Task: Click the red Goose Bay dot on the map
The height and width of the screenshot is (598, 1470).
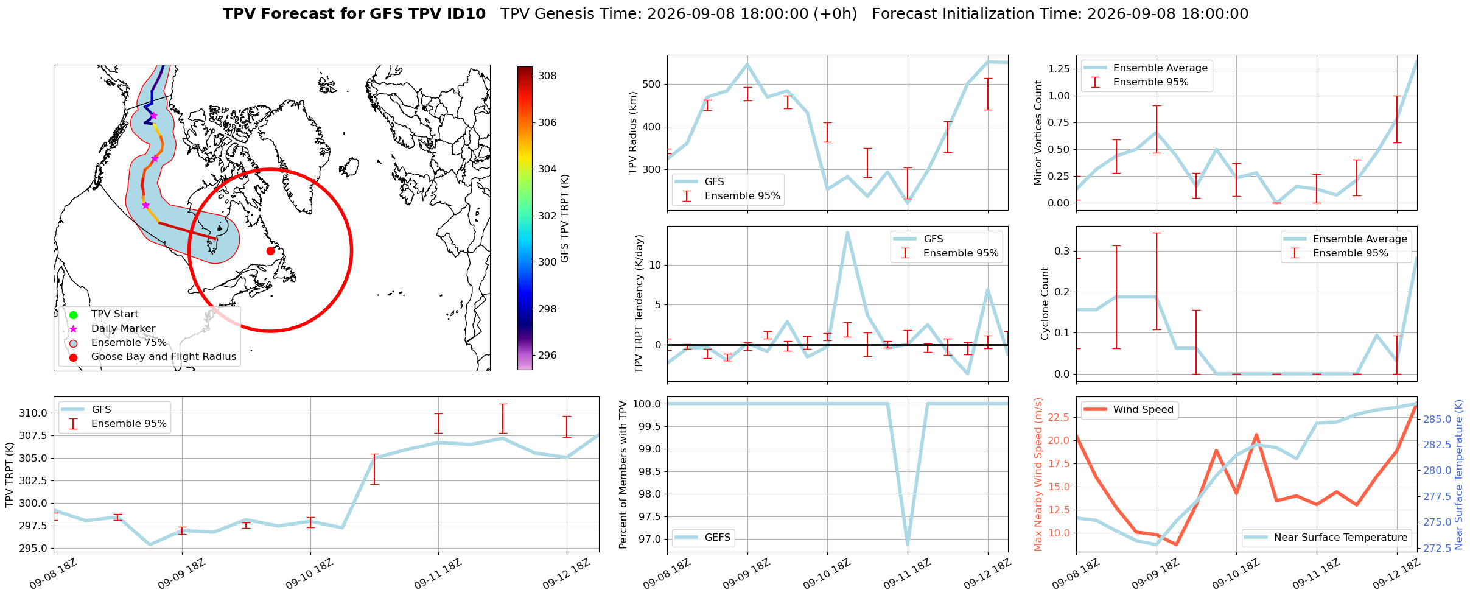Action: coord(270,251)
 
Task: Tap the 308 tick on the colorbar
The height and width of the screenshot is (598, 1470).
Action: coord(547,76)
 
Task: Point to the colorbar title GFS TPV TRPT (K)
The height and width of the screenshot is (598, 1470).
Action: coord(564,219)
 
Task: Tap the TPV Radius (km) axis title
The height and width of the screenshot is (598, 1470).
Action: coord(633,133)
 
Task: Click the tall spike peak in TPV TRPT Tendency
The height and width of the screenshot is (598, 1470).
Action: coord(847,233)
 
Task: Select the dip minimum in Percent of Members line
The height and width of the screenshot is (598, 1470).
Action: coord(908,544)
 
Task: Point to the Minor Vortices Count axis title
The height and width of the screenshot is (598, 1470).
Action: coord(1038,133)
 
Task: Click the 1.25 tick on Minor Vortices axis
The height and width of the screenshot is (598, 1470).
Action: coord(1059,69)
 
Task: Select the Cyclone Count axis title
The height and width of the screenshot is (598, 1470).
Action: coord(1045,303)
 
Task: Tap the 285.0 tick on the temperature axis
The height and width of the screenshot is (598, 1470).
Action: coord(1437,420)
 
